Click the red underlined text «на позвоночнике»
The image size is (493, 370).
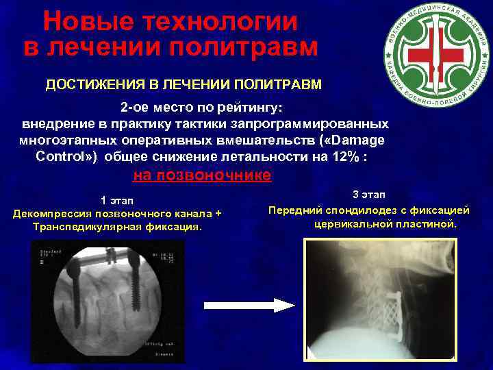(202, 175)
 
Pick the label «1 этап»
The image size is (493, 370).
(117, 200)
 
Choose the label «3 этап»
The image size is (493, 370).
(369, 195)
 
